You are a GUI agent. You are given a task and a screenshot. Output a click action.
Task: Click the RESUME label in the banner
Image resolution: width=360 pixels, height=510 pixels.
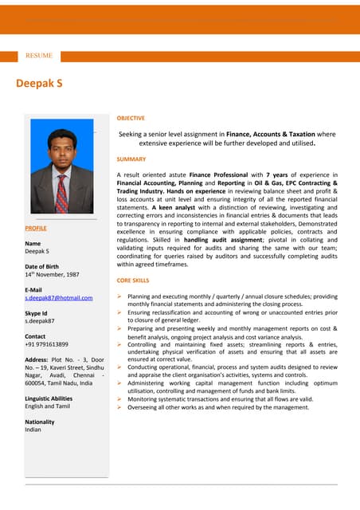[x=39, y=56]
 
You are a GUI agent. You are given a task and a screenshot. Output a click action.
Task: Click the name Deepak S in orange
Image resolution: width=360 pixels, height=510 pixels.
[x=40, y=83]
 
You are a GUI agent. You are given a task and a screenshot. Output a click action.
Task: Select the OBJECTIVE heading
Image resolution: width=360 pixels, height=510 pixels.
[x=131, y=118]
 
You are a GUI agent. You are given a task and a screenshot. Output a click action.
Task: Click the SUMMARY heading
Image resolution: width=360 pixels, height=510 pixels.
[x=131, y=159]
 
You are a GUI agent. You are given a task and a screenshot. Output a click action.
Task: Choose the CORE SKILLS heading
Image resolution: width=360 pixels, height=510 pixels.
[x=133, y=281]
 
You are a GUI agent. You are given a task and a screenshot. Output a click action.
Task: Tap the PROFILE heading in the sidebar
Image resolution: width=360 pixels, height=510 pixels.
[x=36, y=228]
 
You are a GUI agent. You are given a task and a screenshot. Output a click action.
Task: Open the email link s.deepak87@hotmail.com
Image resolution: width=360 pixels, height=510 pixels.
[x=59, y=298]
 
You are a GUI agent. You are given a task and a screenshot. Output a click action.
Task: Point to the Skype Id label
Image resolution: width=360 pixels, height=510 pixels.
[x=37, y=314]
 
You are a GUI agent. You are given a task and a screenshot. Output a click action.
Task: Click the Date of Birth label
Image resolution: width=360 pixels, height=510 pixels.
[x=41, y=266]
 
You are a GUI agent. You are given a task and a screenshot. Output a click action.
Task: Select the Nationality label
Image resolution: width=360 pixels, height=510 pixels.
[x=40, y=422]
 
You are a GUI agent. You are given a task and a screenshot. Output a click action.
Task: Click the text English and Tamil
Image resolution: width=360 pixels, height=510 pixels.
[x=47, y=406]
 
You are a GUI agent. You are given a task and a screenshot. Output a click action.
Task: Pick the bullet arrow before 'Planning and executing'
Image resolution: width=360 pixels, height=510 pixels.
[x=119, y=296]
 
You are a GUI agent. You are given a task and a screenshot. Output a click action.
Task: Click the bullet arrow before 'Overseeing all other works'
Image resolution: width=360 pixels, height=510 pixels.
[x=119, y=407]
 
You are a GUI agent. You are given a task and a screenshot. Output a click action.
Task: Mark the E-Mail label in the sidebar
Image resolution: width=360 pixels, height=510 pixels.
[x=33, y=290]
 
